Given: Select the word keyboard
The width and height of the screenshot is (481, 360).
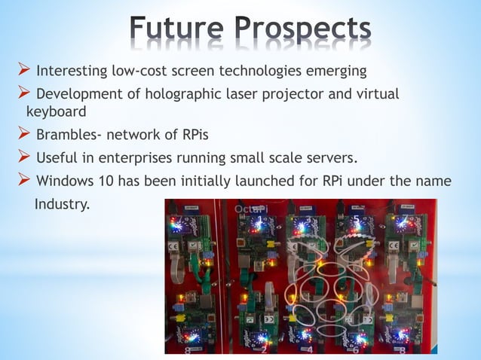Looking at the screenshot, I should [57, 111].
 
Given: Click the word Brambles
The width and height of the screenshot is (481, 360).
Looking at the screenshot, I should [67, 136].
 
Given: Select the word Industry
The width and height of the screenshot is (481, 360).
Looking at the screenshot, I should [61, 203].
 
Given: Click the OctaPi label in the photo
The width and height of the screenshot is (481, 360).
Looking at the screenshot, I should [250, 208].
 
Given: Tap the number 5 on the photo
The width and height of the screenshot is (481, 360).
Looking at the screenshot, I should [354, 219].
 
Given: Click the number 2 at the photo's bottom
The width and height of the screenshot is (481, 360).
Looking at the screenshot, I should [263, 349].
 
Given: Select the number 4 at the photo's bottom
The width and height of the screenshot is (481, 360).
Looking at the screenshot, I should [310, 349].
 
